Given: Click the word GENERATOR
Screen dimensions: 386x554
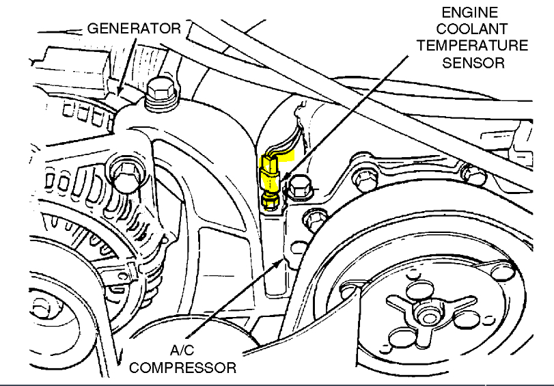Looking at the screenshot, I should [133, 29].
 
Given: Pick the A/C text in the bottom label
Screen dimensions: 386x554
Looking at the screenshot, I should [182, 351].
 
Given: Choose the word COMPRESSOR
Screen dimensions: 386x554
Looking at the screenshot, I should [182, 368].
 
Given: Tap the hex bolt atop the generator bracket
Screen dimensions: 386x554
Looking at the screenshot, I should [160, 92].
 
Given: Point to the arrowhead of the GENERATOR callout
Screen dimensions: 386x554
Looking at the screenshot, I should [120, 92].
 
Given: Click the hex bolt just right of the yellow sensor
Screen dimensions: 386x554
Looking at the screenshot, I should [299, 186].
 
